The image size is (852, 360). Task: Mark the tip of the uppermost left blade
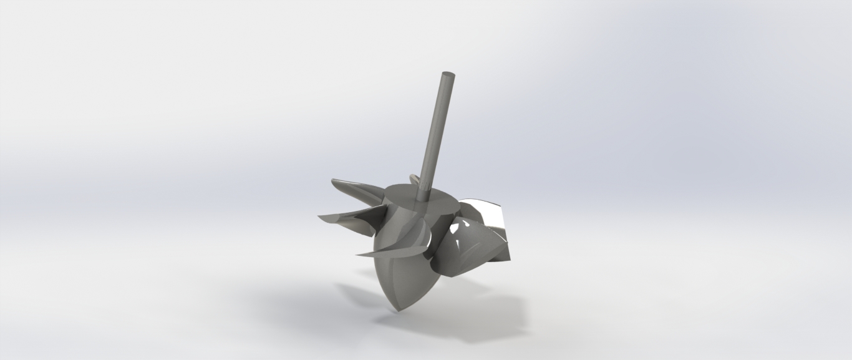[332, 182]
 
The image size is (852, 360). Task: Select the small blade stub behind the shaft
[412, 180]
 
